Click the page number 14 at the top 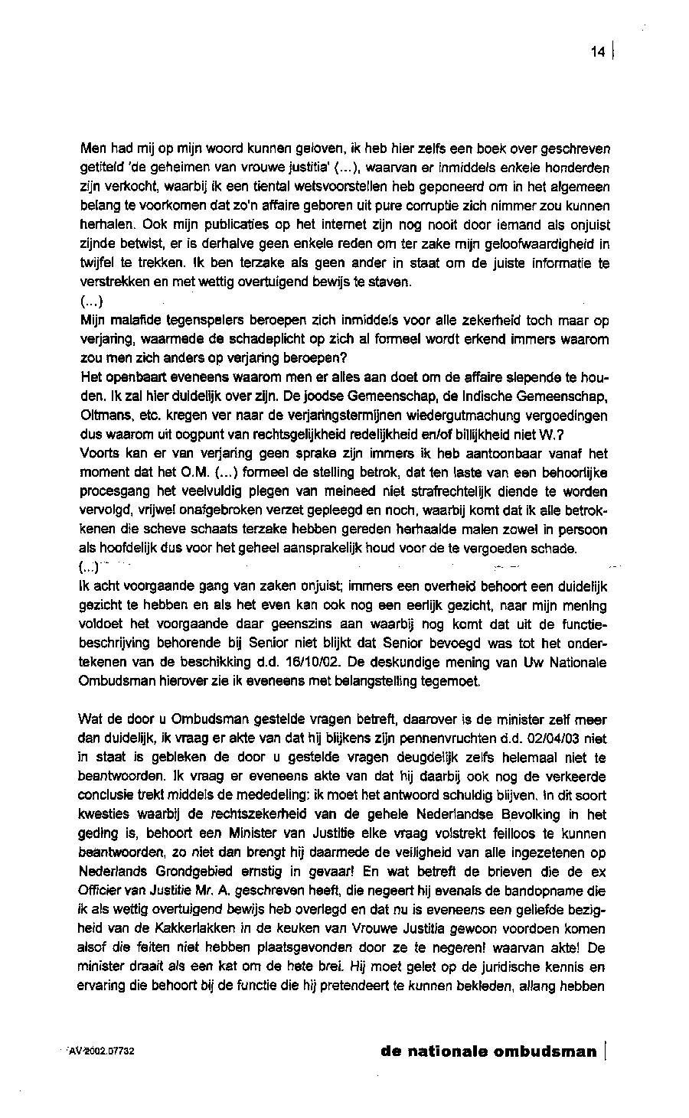[598, 52]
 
